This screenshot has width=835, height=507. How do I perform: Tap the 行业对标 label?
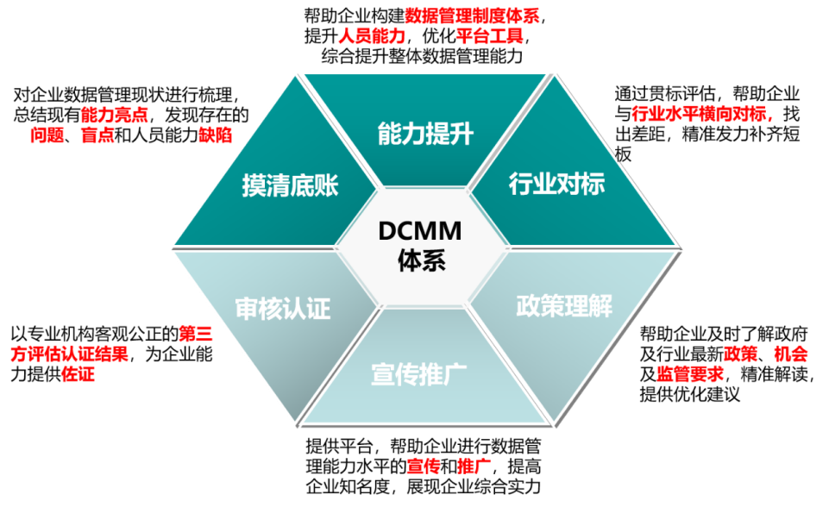pyautogui.click(x=556, y=184)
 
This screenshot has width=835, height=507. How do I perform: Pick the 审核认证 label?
pyautogui.click(x=283, y=309)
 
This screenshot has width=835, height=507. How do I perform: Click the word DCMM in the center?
pyautogui.click(x=420, y=231)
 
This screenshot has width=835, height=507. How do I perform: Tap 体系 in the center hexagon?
pyautogui.click(x=421, y=260)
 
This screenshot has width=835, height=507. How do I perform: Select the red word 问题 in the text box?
pyautogui.click(x=47, y=135)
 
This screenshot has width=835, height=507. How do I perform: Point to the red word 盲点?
pyautogui.click(x=97, y=135)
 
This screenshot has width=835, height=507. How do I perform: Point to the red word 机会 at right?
pyautogui.click(x=790, y=353)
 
